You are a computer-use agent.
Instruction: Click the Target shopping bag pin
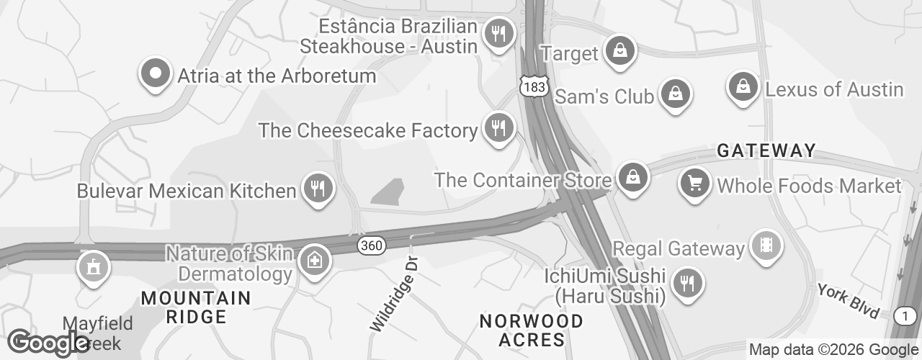coord(619,52)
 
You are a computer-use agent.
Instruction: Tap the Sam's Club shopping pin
coord(676,94)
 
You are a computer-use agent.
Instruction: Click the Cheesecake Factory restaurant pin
coord(498,129)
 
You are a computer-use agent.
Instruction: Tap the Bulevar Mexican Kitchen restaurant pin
coord(317,189)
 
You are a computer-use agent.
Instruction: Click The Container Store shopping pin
coord(632,177)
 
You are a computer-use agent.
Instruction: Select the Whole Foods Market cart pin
coord(695,184)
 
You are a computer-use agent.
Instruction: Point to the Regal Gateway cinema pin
coord(765,247)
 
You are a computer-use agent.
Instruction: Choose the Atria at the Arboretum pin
coord(155,74)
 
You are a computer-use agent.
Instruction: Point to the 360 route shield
coord(371,246)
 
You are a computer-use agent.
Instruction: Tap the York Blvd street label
coord(848,300)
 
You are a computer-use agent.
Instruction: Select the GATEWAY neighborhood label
coord(766,151)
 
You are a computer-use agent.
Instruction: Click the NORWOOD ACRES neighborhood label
coord(532,329)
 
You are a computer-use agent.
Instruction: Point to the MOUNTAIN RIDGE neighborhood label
coord(196,307)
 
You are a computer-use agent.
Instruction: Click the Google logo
coord(48,343)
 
